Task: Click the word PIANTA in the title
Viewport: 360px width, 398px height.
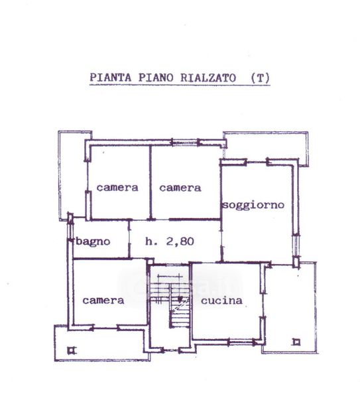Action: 111,78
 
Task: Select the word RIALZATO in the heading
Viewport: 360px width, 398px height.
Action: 208,78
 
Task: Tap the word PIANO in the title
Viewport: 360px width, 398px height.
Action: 156,78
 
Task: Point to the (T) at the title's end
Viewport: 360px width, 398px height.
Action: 260,78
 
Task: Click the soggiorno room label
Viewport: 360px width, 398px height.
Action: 253,205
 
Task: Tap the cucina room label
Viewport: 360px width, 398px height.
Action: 221,300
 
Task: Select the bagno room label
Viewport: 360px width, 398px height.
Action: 93,241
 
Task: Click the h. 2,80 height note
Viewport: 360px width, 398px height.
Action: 170,241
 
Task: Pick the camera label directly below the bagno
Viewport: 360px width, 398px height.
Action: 103,300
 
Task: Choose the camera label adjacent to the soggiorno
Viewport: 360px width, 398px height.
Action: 180,188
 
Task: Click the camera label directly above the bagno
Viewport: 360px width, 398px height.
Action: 117,188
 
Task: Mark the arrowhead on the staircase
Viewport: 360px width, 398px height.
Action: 180,300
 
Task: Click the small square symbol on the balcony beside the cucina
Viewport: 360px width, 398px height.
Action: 296,342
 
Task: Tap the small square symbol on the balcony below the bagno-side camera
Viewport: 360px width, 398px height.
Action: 72,350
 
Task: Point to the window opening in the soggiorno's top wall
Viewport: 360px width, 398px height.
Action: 257,162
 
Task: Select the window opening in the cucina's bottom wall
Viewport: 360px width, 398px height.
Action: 242,343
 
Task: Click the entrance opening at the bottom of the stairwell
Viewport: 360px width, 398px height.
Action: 170,350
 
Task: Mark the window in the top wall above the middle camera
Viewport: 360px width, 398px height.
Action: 185,142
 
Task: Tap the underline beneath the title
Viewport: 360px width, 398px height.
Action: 180,85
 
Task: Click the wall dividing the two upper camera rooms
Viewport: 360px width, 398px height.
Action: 150,182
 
